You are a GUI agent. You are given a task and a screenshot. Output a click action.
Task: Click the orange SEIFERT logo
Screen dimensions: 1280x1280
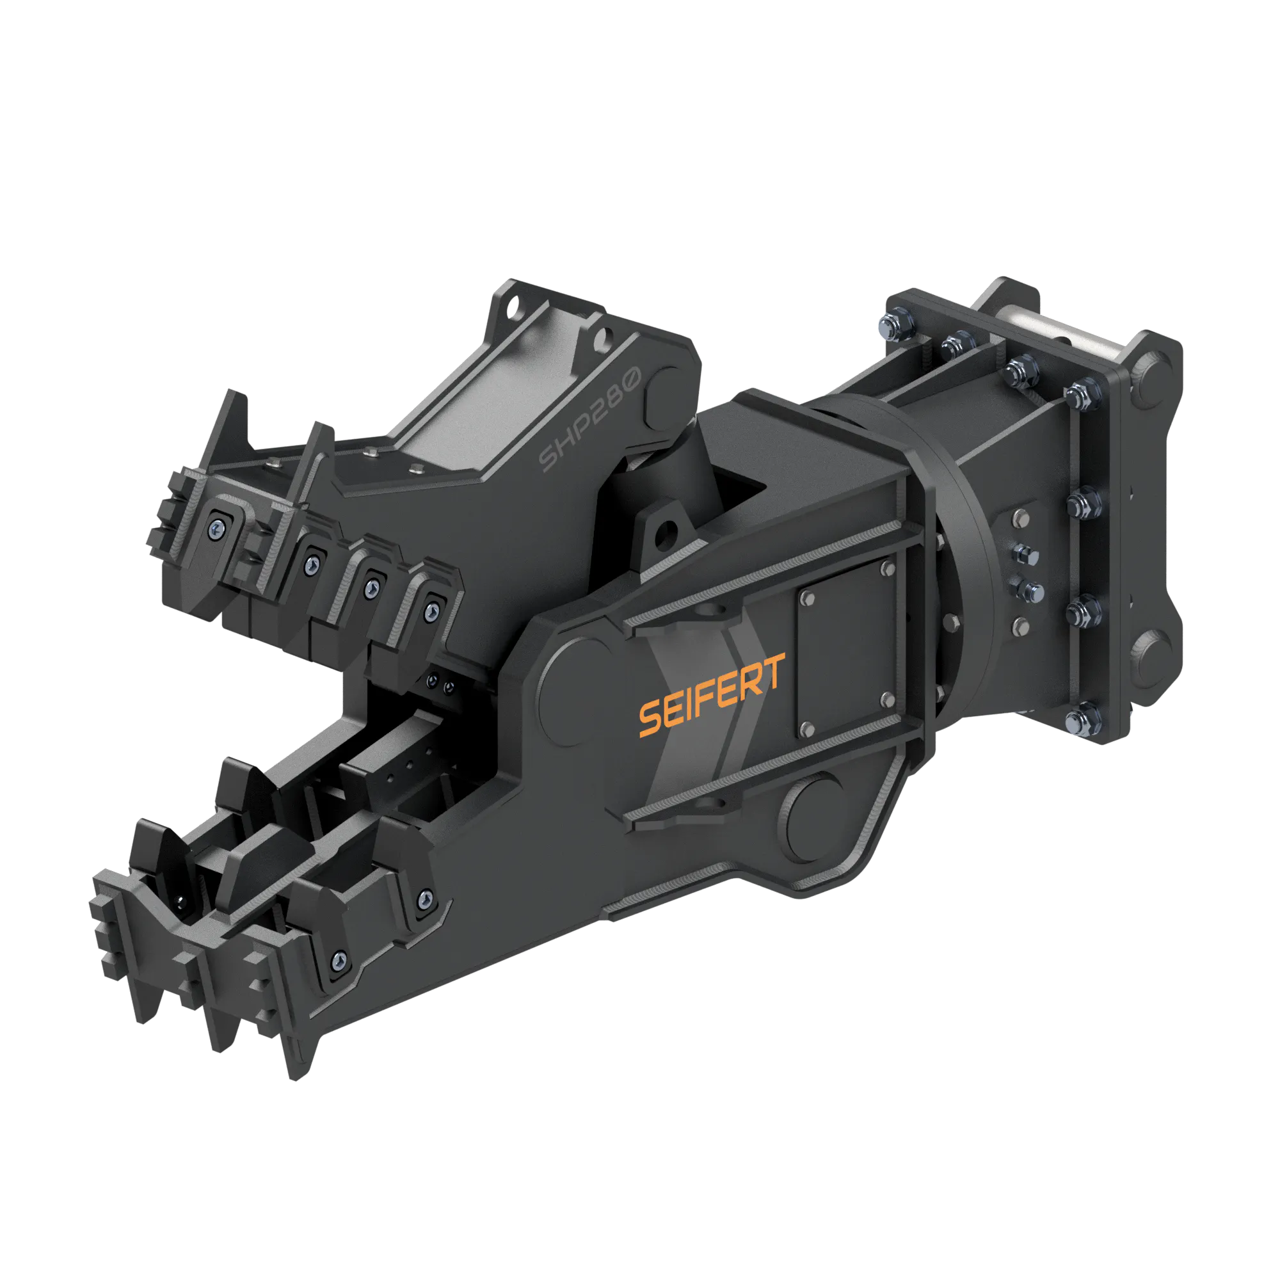(712, 695)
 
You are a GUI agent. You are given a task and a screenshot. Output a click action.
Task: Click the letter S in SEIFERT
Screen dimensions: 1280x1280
(650, 719)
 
